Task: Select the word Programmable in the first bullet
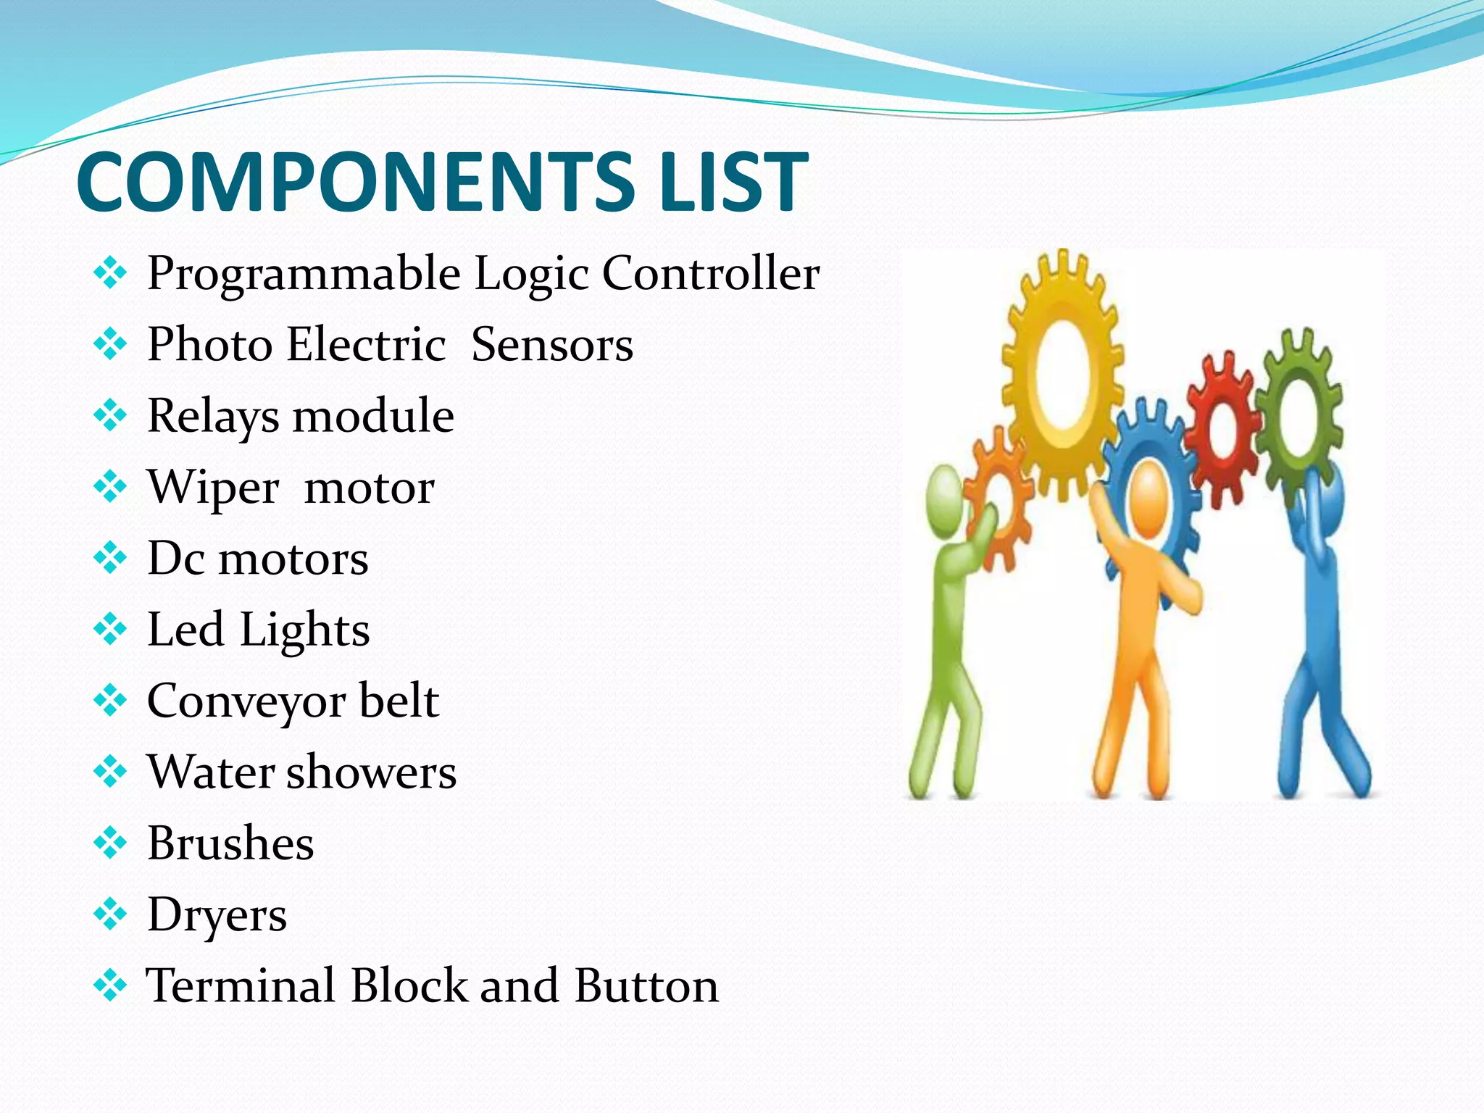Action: (x=304, y=275)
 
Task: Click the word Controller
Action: (x=711, y=273)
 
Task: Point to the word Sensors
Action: (x=552, y=344)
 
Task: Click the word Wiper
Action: (x=213, y=488)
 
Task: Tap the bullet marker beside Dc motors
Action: (x=110, y=558)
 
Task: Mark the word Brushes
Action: (x=230, y=843)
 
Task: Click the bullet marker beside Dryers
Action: (x=110, y=914)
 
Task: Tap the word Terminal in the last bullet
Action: (x=241, y=985)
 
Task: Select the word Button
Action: (x=647, y=985)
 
